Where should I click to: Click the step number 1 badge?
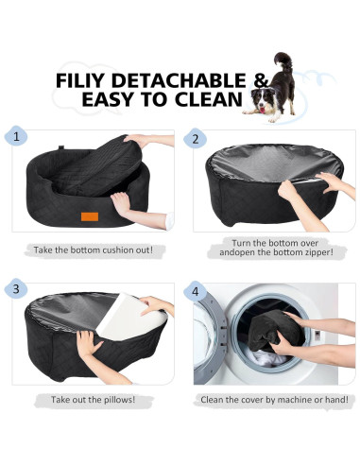coord(18,137)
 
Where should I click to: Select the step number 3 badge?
coord(18,287)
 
